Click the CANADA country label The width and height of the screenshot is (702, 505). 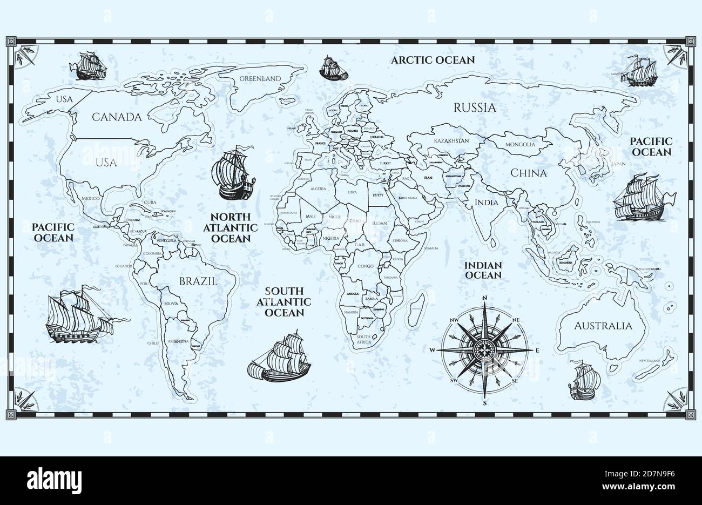116,117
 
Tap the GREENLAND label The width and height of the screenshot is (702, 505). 260,79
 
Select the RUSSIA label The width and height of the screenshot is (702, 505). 474,107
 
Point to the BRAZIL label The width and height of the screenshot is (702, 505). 198,281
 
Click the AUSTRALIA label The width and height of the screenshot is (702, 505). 603,326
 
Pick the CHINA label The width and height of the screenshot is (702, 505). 529,173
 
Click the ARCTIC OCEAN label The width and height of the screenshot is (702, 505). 433,60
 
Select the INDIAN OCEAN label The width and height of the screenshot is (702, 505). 483,270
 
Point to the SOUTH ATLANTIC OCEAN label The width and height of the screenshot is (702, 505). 283,301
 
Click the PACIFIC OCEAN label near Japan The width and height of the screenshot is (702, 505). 651,146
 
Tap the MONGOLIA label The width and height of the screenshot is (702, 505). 520,144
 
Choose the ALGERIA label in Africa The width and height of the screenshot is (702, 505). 318,189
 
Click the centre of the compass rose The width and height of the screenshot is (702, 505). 484,349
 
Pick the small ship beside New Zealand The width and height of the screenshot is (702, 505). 581,381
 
